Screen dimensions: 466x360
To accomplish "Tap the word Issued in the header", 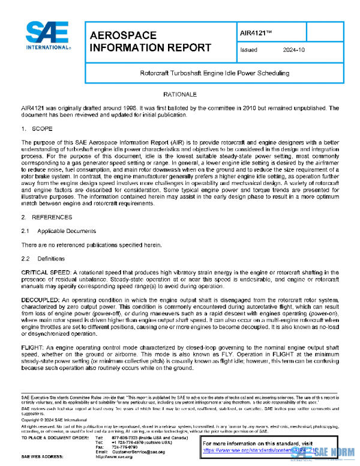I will [248, 51].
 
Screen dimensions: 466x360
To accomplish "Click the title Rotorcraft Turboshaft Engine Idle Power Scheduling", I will [214, 73].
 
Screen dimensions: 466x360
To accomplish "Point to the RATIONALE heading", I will [180, 94].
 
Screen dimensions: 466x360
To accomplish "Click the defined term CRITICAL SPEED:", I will [46, 256].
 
